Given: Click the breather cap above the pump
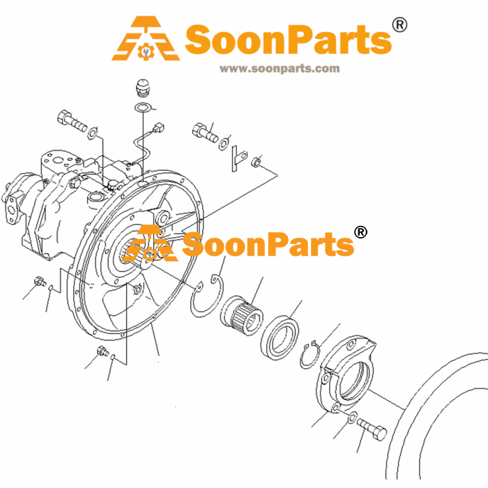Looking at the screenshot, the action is [143, 87].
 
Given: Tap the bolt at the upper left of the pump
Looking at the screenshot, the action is [72, 121].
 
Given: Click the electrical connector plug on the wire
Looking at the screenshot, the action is [159, 128].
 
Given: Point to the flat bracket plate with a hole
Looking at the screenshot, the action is [239, 158].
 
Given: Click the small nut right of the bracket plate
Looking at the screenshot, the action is [256, 162].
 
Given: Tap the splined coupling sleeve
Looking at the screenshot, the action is [242, 315].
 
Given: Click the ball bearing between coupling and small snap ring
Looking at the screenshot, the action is [280, 337].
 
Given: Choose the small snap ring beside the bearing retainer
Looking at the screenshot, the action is [310, 354].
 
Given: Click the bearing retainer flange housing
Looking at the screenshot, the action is [346, 374].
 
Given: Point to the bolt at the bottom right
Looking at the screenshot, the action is [372, 430].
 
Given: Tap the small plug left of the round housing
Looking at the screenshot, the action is [40, 281].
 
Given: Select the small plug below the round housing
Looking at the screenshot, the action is [102, 351].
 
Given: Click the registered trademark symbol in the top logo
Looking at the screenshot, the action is [399, 25].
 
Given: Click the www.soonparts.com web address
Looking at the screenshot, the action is [280, 69].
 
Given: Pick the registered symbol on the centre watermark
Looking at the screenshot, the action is [360, 232].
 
